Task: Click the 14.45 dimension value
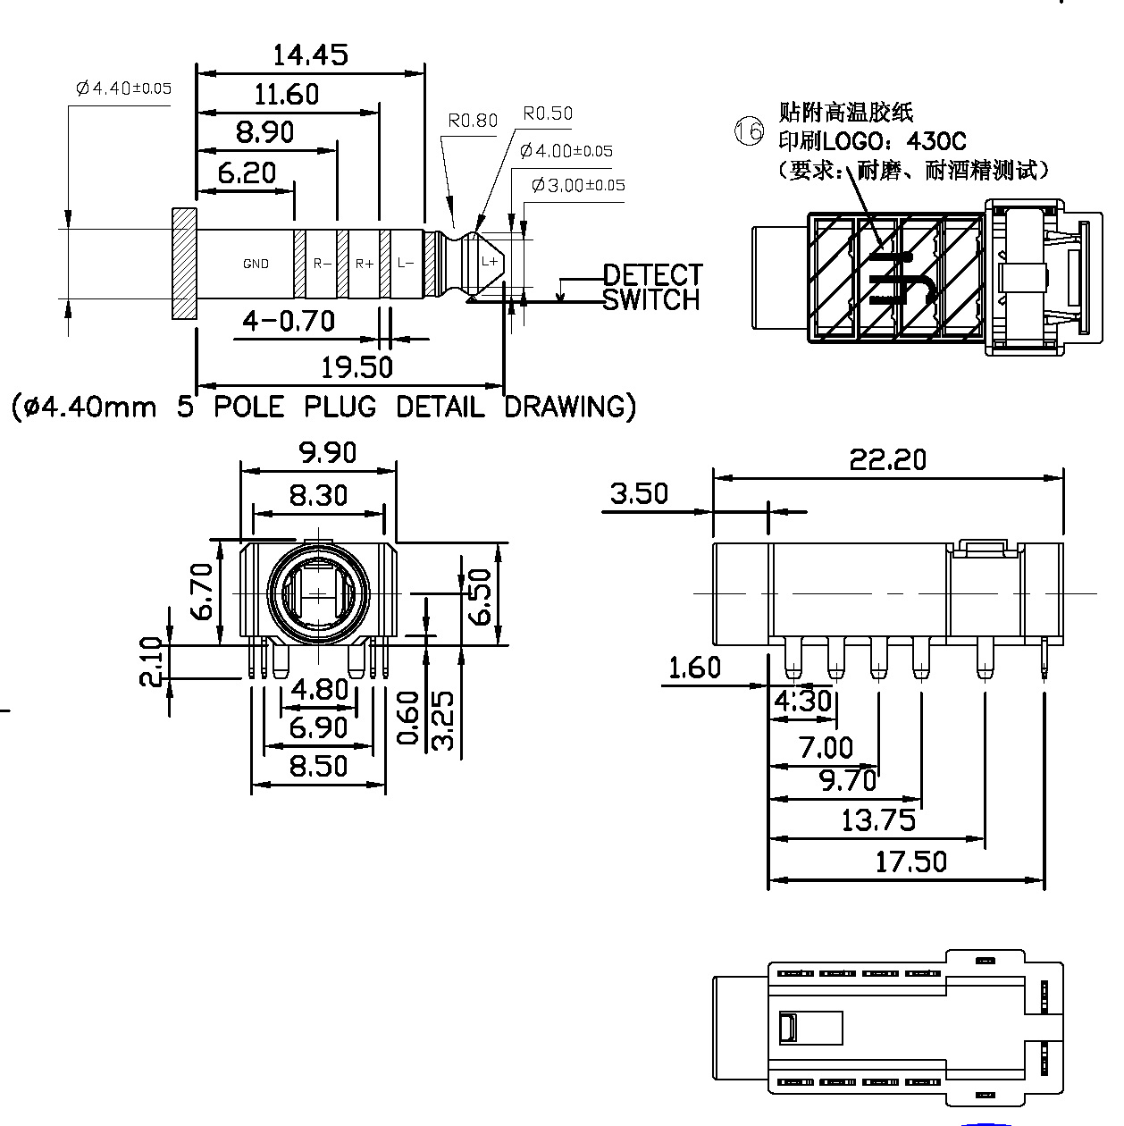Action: (x=310, y=55)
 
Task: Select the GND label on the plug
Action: (x=256, y=264)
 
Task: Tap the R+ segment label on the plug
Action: (x=365, y=264)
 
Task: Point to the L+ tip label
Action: (x=490, y=261)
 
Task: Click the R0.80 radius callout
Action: (x=473, y=121)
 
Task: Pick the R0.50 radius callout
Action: (x=548, y=113)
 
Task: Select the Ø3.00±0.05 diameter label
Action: (x=578, y=185)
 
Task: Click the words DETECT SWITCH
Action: (x=652, y=287)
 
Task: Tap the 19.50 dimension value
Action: (x=356, y=366)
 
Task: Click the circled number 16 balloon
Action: (x=750, y=131)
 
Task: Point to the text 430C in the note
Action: (x=936, y=141)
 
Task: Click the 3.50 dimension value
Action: (x=639, y=493)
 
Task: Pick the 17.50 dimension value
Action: (x=910, y=862)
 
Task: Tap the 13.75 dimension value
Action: (x=878, y=819)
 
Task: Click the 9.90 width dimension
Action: (x=327, y=453)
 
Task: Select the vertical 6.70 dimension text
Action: (x=202, y=592)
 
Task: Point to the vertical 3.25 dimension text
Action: (x=442, y=719)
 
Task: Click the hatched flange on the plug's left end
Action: (x=184, y=263)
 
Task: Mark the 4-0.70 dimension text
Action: (x=289, y=320)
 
